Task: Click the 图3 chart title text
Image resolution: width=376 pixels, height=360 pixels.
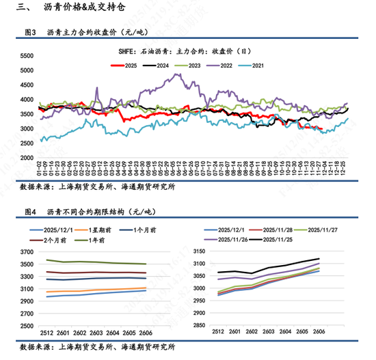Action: [85, 32]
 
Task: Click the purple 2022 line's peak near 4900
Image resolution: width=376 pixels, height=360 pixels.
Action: [179, 74]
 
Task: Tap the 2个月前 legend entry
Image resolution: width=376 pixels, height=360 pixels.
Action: [54, 241]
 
